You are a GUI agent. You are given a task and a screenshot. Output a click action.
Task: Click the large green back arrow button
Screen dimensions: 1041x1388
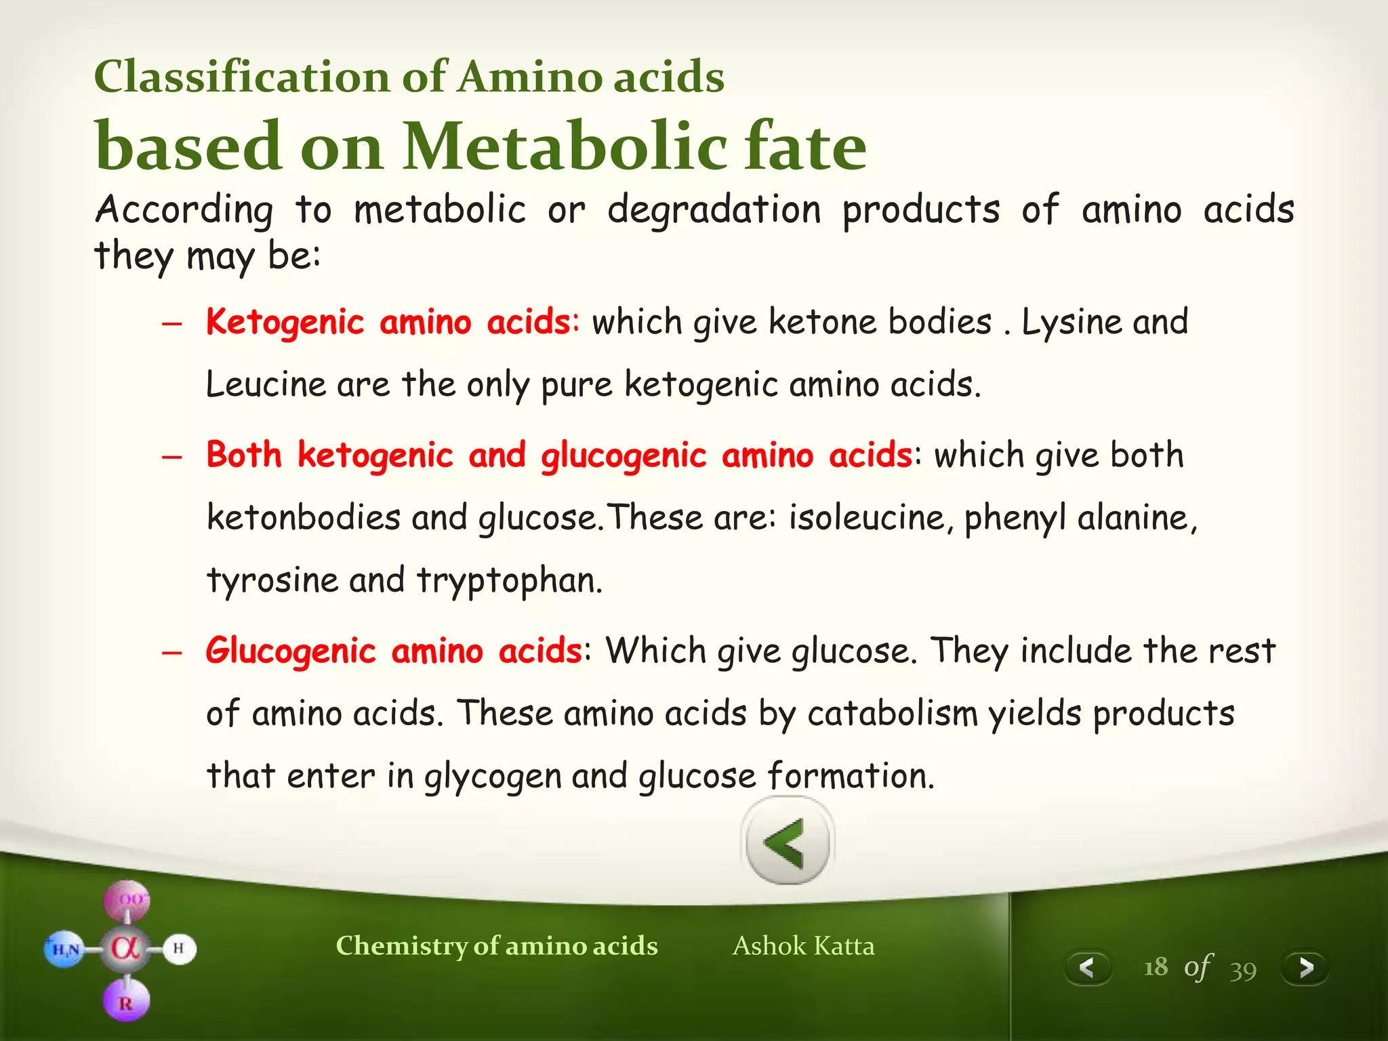787,842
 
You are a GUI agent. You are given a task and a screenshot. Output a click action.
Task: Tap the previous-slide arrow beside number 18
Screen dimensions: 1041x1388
1087,967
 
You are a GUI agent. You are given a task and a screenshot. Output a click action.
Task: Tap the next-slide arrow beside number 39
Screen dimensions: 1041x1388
1305,967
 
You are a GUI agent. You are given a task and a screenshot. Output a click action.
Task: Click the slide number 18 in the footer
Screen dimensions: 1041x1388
1156,967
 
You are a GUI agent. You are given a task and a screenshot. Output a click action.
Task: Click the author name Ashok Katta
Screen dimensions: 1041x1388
803,945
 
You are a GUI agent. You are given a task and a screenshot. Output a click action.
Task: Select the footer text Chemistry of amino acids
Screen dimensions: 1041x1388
496,945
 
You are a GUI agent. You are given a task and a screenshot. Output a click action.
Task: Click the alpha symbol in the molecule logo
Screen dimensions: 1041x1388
126,948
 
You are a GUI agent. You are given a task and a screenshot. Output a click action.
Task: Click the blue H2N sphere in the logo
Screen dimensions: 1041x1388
65,950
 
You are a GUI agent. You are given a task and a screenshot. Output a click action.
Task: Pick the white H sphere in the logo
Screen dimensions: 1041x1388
178,948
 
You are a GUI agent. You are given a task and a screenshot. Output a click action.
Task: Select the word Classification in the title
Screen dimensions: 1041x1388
241,76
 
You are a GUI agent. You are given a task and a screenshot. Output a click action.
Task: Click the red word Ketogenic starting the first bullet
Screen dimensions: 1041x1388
285,322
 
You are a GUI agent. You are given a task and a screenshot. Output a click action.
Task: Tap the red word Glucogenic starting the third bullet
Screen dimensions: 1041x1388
291,651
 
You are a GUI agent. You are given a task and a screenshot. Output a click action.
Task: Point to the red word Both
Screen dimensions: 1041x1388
244,454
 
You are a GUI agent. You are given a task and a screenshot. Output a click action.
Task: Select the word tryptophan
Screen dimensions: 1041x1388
508,581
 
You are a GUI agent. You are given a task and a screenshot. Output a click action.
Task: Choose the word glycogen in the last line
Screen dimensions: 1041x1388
492,777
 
